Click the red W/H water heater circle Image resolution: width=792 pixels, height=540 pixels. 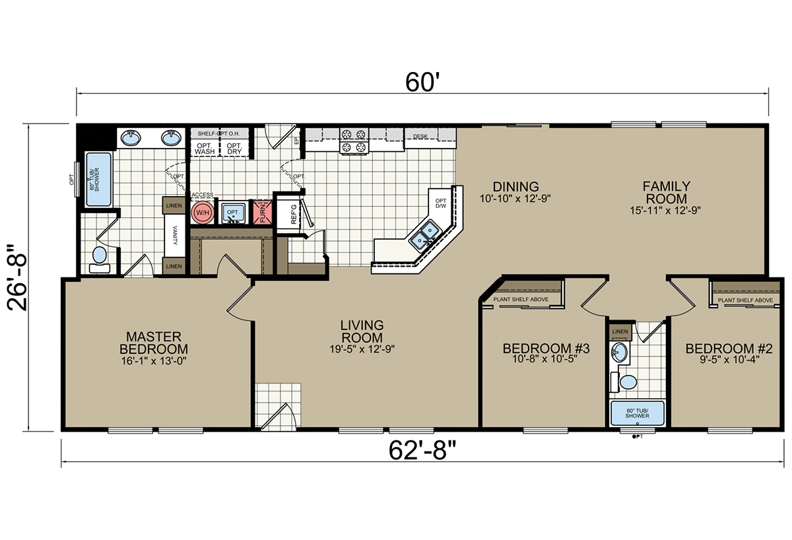[x=203, y=213]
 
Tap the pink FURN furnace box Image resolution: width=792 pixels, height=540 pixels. [x=263, y=212]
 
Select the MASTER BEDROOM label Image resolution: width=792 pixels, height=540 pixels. [x=154, y=343]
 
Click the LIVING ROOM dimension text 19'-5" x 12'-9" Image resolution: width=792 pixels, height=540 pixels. [x=362, y=349]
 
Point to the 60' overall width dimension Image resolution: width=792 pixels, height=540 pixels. [x=422, y=82]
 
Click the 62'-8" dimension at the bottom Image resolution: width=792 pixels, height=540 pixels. [x=422, y=450]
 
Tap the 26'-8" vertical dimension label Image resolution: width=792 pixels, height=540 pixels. [x=16, y=278]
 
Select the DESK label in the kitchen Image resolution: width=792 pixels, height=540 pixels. [x=420, y=136]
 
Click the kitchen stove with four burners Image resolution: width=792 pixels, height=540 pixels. [x=354, y=141]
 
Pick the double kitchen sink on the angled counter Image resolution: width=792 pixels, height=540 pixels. [x=424, y=235]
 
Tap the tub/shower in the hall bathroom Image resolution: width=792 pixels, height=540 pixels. [x=637, y=413]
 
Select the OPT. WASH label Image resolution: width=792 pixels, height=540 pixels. [x=205, y=149]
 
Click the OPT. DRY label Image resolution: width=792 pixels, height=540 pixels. [x=234, y=149]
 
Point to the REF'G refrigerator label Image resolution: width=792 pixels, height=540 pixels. [x=294, y=214]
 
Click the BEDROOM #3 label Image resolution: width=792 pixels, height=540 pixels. [x=546, y=349]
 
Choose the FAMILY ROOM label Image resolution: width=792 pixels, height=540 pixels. [x=666, y=192]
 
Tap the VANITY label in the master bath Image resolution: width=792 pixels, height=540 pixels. [x=175, y=235]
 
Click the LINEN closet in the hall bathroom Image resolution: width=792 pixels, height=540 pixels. [x=620, y=331]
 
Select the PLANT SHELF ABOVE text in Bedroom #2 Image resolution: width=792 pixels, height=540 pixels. [x=745, y=300]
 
